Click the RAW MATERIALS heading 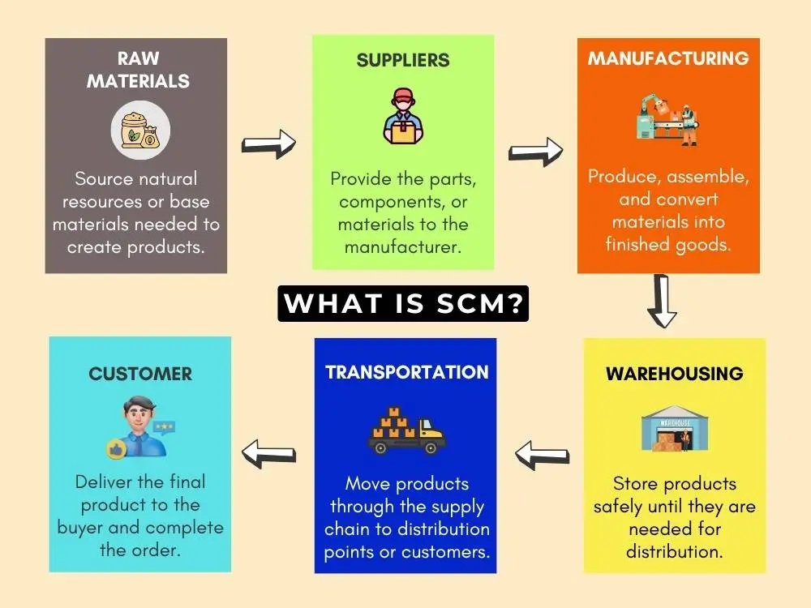point(138,70)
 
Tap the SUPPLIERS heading point(403,61)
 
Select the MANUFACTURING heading point(668,58)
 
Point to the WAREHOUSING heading point(675,374)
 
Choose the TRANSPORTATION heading point(407,372)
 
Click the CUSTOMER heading point(140,374)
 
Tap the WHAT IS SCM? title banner point(403,303)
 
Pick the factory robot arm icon point(668,119)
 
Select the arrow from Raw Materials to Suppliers point(269,144)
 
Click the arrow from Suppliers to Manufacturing point(536,150)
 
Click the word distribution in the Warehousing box point(675,551)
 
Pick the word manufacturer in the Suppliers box point(403,246)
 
